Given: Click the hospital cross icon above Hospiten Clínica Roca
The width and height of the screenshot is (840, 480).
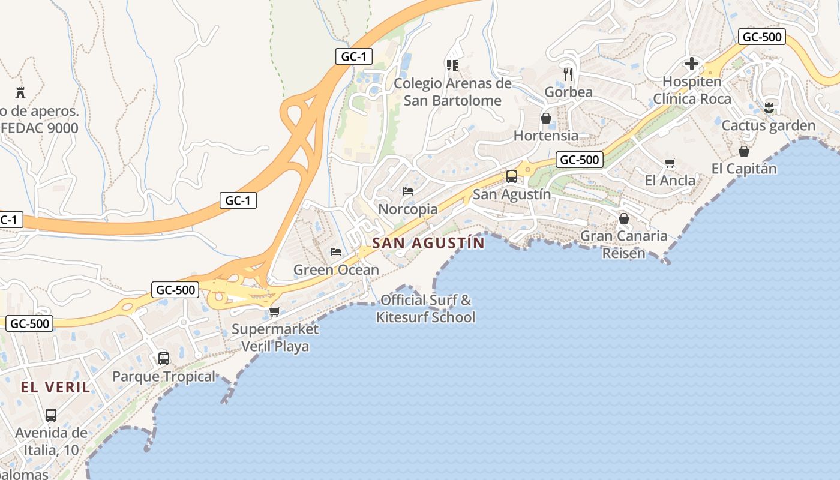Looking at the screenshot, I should tap(692, 64).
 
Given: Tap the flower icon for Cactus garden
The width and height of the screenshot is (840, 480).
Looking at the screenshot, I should tap(769, 109).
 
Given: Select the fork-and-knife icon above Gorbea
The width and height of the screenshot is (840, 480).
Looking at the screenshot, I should tap(568, 74).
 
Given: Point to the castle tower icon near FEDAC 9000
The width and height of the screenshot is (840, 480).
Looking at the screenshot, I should tap(20, 92).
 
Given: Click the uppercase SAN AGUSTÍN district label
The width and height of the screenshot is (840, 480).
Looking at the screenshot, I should tap(428, 243).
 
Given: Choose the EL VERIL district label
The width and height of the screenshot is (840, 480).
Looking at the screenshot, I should tap(55, 387).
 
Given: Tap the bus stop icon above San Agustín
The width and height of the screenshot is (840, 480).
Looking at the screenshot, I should tap(512, 176).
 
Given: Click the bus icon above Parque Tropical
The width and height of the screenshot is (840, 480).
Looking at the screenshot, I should tap(164, 359).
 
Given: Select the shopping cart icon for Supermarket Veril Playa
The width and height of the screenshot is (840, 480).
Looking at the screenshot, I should tap(275, 311).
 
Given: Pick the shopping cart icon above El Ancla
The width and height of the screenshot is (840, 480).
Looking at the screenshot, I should tap(670, 163).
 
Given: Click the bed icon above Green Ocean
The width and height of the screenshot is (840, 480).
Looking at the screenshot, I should tap(336, 252).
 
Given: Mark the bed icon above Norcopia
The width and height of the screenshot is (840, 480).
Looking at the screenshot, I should tap(408, 191).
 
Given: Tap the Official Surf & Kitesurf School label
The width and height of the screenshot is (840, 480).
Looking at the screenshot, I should tap(425, 308).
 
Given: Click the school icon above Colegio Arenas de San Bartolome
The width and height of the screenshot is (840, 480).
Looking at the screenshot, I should tap(452, 65).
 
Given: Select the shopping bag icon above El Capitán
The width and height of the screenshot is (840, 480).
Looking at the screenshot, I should tap(744, 151).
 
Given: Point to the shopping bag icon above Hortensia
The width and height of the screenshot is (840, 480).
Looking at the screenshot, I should tap(546, 118).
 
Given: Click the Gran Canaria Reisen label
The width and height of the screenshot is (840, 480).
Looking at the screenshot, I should tap(624, 244).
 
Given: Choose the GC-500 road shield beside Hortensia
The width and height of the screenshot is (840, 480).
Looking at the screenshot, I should tap(579, 160).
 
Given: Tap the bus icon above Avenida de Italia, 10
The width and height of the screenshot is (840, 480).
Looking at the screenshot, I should tap(51, 415).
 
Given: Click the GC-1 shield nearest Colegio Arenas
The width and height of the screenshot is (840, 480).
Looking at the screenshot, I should tap(354, 57).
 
